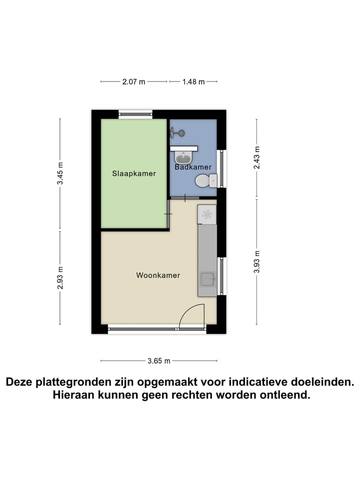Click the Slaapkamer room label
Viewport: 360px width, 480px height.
[x=133, y=174]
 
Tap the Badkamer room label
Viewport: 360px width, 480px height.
[x=192, y=167]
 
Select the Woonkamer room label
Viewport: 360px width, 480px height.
[x=158, y=275]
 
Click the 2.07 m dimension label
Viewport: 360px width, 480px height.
[x=133, y=81]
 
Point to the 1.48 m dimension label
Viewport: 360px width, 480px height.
[x=193, y=81]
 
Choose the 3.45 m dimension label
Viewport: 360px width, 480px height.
[x=60, y=174]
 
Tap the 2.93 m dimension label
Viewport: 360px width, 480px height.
[x=60, y=277]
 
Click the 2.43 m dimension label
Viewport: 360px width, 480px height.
[x=257, y=157]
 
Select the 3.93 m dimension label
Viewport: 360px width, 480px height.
[x=257, y=261]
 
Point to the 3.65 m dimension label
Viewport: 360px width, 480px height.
[x=159, y=360]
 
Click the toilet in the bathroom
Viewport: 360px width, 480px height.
[x=205, y=180]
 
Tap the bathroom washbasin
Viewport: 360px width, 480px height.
[x=183, y=157]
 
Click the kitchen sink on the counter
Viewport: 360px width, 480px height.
[x=207, y=279]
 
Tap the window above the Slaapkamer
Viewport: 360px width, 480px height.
[x=135, y=114]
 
